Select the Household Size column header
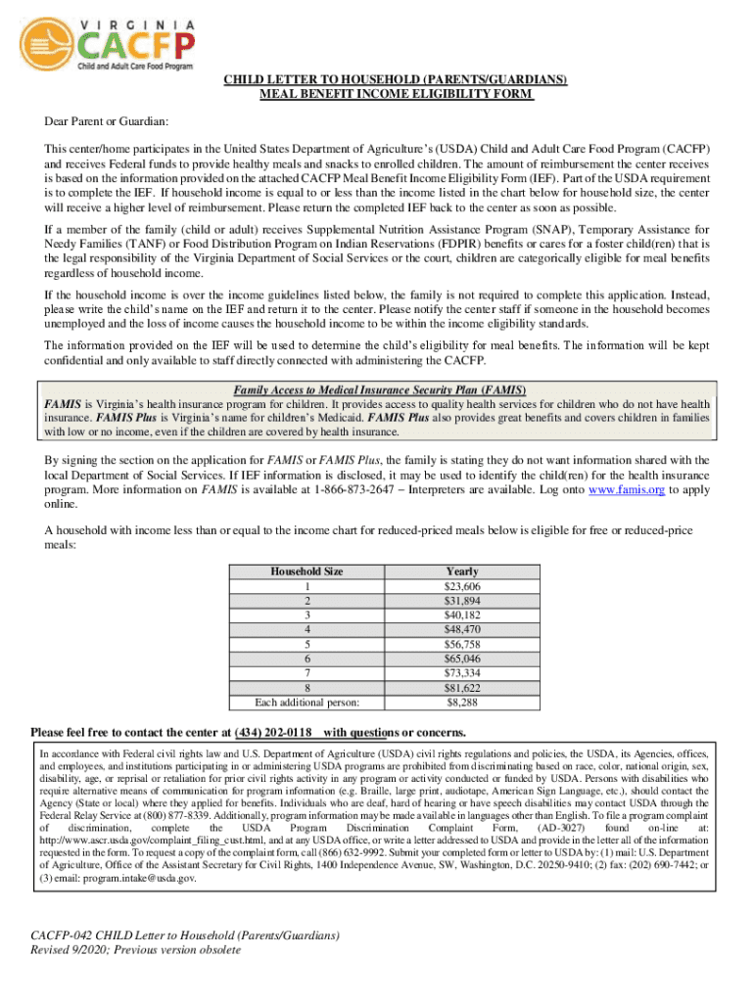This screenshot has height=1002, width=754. tap(306, 571)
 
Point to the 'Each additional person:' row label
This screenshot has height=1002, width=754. tap(306, 703)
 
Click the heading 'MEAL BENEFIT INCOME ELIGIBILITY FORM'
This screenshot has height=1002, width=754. tap(396, 95)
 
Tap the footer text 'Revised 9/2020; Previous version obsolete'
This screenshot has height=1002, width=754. tap(135, 950)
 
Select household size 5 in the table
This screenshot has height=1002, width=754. tap(306, 645)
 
